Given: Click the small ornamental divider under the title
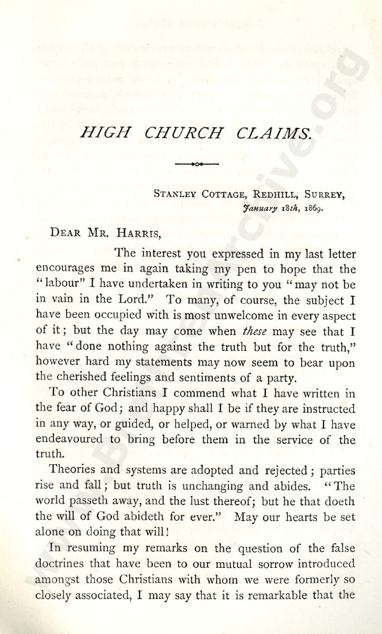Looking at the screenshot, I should click(x=196, y=163).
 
